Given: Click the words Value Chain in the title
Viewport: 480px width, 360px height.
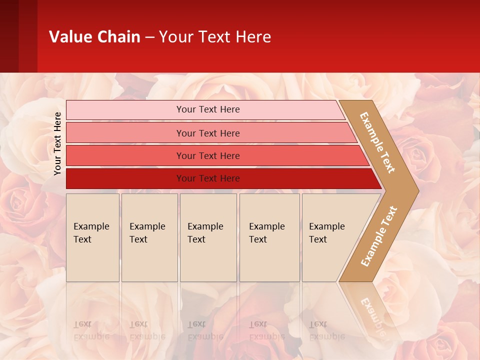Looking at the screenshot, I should coord(94,37).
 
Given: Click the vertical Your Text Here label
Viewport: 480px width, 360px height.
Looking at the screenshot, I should coord(57,143).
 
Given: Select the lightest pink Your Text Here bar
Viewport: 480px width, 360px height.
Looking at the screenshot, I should coord(125,110).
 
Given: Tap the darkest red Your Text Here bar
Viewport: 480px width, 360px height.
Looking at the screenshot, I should coord(125,178).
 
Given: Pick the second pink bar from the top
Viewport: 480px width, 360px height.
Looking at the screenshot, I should coord(125,133).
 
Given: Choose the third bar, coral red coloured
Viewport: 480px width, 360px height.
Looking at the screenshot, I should coord(125,155).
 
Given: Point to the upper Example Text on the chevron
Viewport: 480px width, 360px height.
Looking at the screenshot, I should coord(377,142).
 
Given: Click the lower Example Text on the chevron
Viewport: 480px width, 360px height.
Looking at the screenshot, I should coord(379,236).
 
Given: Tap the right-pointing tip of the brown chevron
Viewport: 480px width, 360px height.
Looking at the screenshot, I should coord(415,191).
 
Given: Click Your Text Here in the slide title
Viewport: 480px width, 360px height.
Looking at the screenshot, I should coord(215,37).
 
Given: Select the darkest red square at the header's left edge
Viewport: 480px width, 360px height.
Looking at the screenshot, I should coord(9,36).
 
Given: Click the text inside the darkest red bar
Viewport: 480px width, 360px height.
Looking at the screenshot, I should coord(208,178).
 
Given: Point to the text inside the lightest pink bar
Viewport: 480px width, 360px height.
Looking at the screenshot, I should coord(208,109).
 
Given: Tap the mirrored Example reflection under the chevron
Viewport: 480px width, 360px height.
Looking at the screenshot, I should coord(372,315).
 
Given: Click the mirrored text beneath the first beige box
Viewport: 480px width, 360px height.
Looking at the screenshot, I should coord(91,330).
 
